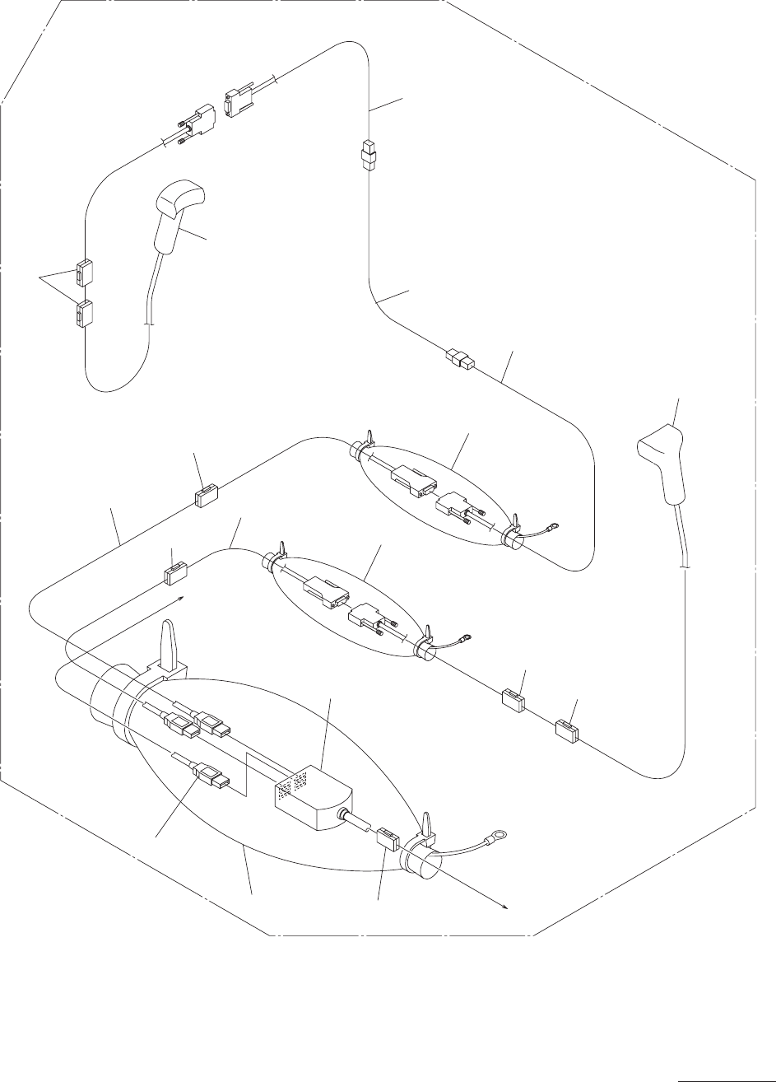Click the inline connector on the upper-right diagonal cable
click(x=459, y=358)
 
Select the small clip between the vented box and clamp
click(x=388, y=842)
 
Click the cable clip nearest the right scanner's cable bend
click(x=566, y=730)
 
